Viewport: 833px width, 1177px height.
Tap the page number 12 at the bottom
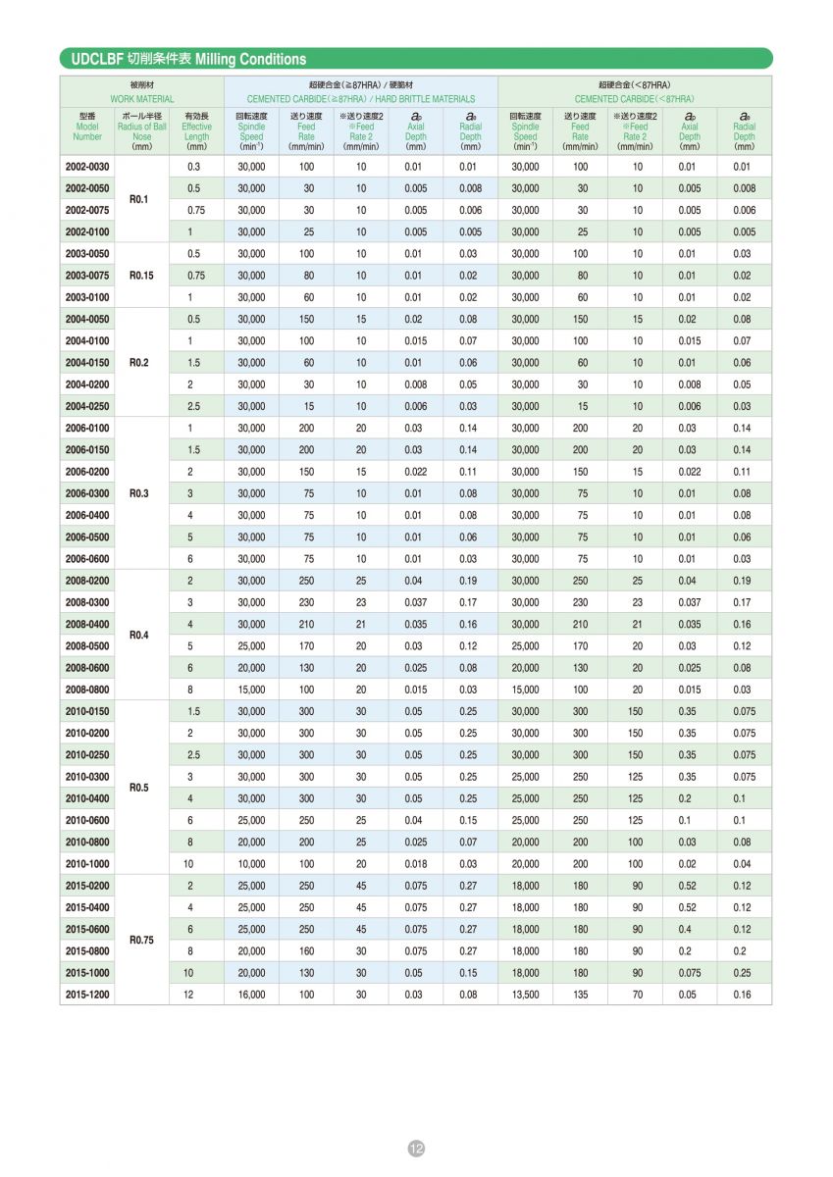click(416, 1149)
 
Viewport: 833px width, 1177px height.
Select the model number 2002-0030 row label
click(87, 167)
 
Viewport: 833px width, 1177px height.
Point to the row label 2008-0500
click(87, 646)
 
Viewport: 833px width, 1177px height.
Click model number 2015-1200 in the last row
click(87, 995)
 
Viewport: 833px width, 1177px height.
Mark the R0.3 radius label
click(142, 493)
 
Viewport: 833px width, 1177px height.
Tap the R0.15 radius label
click(142, 276)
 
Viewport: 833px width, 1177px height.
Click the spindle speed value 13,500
click(525, 995)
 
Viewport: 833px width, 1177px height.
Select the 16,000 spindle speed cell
click(251, 995)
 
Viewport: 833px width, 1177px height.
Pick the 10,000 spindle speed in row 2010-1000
click(251, 864)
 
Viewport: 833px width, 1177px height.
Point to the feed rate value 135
click(580, 995)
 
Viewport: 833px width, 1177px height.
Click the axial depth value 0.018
click(416, 864)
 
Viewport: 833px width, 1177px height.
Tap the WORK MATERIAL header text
click(142, 99)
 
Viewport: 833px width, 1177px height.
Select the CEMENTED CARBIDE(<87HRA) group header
click(634, 99)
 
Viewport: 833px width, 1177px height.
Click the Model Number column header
click(87, 131)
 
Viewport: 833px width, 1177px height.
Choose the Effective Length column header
click(196, 131)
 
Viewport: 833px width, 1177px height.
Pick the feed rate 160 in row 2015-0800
click(306, 951)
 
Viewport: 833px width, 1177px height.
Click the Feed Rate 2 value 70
click(635, 995)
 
